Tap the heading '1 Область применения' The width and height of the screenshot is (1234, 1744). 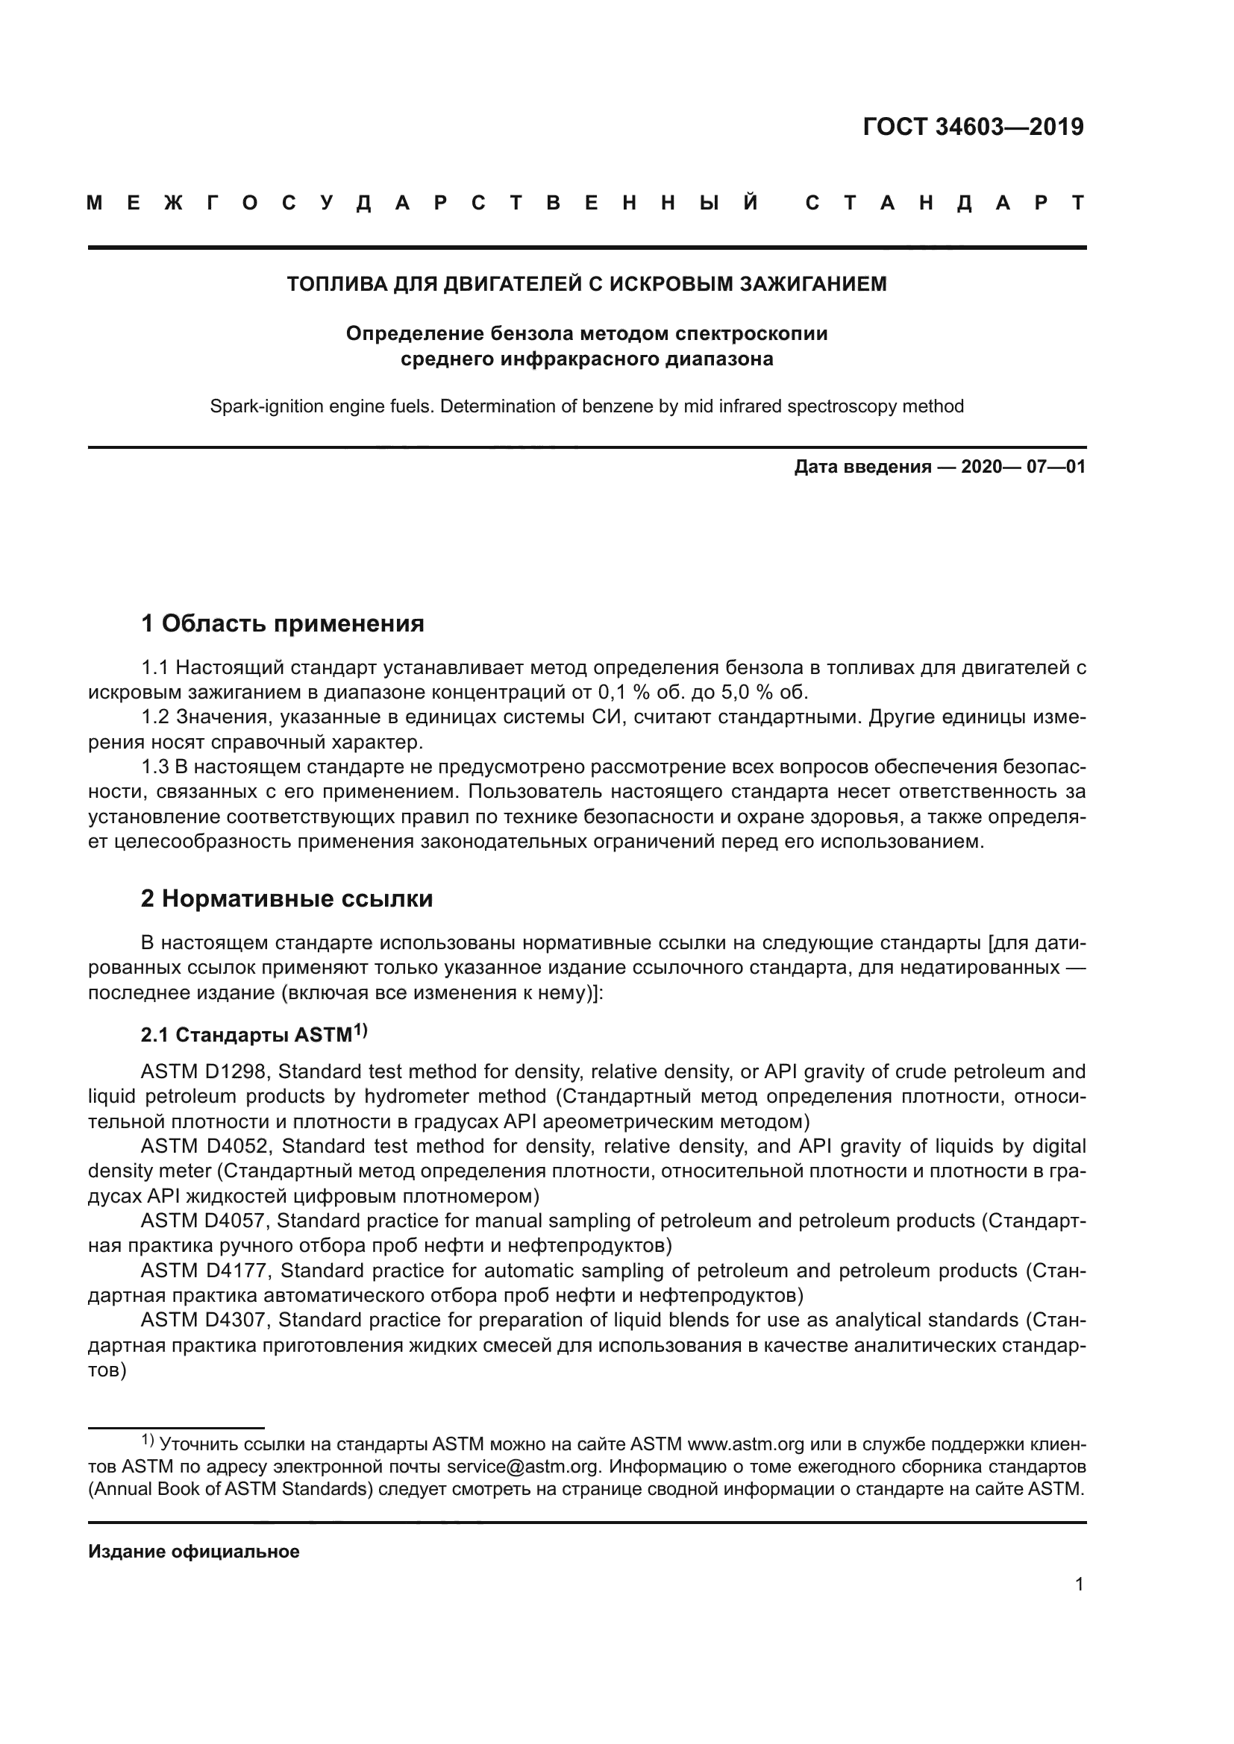coord(282,623)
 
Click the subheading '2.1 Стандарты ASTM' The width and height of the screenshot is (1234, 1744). coord(252,1035)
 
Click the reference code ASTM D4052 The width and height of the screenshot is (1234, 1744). coord(205,1146)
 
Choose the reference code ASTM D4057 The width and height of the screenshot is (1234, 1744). coord(205,1221)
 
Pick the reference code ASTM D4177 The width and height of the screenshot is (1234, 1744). coord(205,1271)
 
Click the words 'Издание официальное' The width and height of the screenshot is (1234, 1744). coord(194,1552)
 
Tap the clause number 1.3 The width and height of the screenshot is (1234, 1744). coord(155,767)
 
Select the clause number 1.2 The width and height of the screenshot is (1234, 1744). coord(155,717)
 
